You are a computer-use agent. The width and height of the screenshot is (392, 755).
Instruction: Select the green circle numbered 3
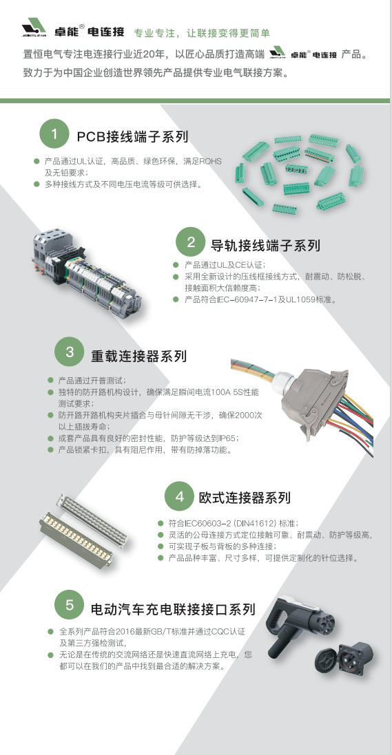[x=70, y=352]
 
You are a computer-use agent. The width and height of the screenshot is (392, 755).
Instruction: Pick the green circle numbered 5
[x=70, y=606]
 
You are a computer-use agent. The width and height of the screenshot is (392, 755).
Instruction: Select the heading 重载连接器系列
[x=138, y=357]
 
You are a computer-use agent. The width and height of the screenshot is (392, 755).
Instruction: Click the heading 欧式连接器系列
[x=244, y=498]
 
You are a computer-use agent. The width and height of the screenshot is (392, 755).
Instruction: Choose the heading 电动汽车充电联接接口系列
[x=172, y=609]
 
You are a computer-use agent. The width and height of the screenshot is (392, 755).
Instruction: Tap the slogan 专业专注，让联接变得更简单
[x=201, y=33]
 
